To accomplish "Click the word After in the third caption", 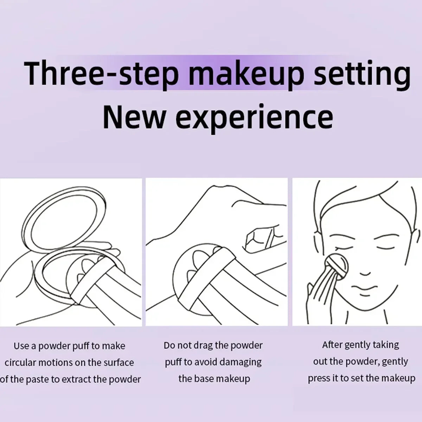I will tap(332, 345).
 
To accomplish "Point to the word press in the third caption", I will tap(319, 378).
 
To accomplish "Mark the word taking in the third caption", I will tap(386, 345).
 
